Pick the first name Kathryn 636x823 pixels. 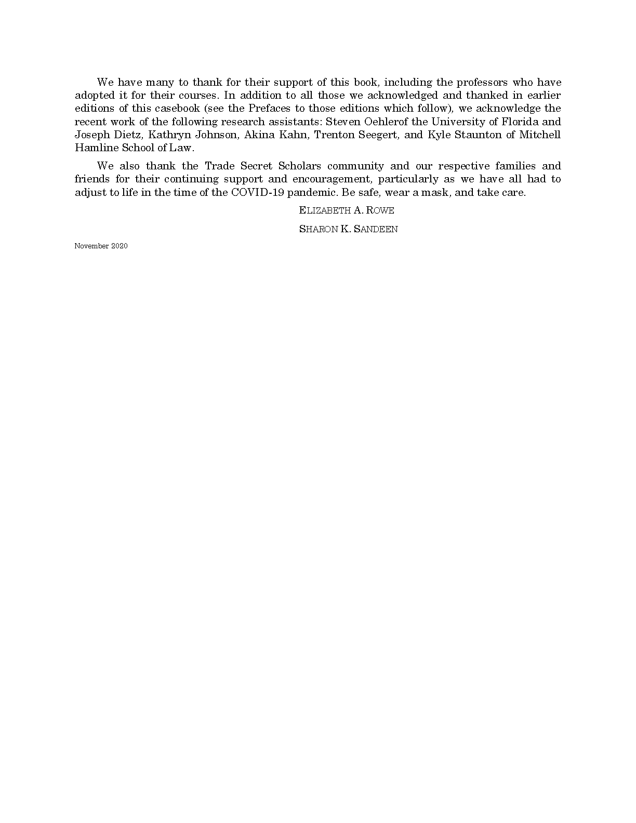(168, 135)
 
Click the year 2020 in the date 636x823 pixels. (119, 246)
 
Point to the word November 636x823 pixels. (91, 246)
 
